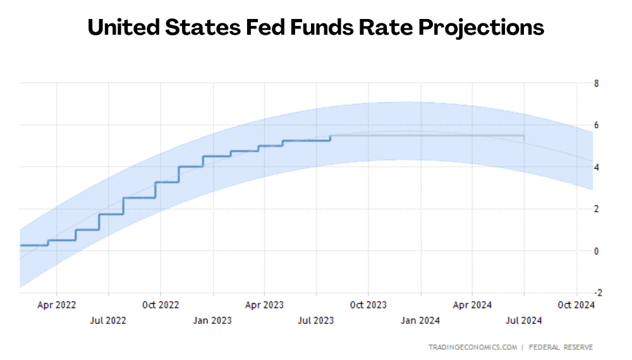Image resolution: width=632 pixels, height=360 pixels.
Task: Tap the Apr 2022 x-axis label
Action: point(57,305)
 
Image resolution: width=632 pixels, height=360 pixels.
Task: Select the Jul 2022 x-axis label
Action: point(108,320)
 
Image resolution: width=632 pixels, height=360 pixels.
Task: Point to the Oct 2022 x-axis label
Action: point(161,305)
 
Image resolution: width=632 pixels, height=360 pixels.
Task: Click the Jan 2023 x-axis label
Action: point(212,320)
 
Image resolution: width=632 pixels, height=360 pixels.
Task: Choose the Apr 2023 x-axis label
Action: point(264,305)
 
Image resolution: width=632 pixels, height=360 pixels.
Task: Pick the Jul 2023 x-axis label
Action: point(315,320)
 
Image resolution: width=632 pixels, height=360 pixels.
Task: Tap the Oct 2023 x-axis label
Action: point(368,305)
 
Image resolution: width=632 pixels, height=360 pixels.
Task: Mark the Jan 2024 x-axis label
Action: point(420,320)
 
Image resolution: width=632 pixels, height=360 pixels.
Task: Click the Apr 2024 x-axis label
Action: point(472,305)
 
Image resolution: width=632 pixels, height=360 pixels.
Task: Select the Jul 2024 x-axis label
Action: point(523,320)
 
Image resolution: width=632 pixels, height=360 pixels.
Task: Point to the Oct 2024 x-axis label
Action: point(576,305)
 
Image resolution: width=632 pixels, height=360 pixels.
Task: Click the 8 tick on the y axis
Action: point(596,83)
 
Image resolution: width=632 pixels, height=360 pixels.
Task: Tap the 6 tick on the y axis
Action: point(596,125)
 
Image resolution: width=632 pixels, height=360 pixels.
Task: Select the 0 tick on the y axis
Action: point(596,251)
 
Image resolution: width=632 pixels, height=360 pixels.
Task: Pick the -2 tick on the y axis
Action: point(594,292)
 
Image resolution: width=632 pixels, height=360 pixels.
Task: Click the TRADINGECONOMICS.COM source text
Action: point(473,347)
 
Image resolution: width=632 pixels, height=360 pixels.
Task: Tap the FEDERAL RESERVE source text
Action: point(561,347)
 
